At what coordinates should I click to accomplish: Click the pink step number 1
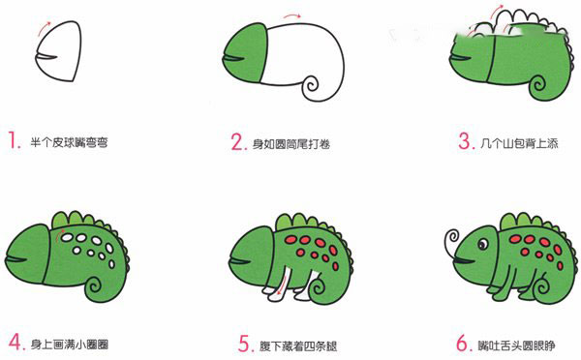coord(15,140)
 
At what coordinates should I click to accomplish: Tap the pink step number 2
coord(239,142)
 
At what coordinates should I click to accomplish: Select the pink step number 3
coord(467,141)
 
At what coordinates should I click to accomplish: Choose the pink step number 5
coord(246,344)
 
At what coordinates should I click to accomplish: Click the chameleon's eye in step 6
coord(483,244)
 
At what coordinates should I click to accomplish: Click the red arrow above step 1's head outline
coord(45,27)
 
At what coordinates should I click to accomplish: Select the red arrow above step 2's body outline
coord(292,15)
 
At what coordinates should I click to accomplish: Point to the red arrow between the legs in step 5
coord(282,287)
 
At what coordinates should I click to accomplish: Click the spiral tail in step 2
coord(311,86)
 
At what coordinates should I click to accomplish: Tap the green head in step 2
coord(245,52)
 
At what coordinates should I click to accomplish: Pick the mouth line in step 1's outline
coord(46,56)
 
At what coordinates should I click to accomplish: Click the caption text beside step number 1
coord(69,142)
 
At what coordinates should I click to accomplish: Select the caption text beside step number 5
coord(298,345)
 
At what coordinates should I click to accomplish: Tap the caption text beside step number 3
coord(519,143)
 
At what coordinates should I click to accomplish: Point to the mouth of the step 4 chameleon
coord(15,258)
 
